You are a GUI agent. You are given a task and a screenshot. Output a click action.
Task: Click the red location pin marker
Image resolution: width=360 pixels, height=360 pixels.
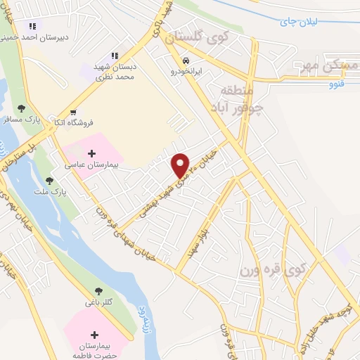pos(181,165)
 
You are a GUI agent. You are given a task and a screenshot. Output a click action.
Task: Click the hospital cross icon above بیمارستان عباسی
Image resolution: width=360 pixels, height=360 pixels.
pos(92,153)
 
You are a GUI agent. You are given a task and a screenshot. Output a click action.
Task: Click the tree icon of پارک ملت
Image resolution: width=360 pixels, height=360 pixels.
pos(49,180)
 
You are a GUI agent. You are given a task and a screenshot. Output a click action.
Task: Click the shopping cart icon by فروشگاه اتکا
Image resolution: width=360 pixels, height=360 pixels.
pos(72,112)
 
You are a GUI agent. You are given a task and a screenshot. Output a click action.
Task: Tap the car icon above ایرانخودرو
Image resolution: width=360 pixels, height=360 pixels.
pos(186,60)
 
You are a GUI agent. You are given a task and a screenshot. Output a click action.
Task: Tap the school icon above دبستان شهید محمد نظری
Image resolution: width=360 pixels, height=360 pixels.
pos(114,56)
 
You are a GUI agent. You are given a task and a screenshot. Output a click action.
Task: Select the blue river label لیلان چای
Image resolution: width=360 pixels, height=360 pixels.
pos(299,22)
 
